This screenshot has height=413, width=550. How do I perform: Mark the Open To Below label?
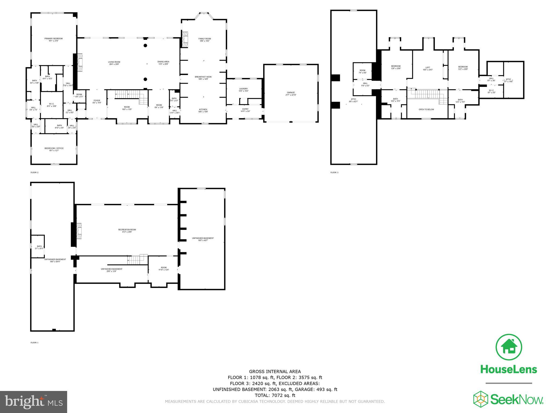pos(426,109)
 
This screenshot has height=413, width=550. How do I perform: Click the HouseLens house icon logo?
pos(509,347)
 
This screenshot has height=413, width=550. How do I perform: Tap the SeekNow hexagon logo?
pos(481,399)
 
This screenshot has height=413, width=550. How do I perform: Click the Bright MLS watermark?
pos(34,402)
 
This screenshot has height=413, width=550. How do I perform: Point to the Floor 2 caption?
pos(34,172)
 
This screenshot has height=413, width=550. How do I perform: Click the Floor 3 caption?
pos(334,172)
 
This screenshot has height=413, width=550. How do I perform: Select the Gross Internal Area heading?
pos(275,372)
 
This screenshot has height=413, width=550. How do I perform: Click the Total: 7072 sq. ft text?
pos(275,395)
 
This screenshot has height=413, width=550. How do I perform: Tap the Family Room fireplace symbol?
pos(185,40)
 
